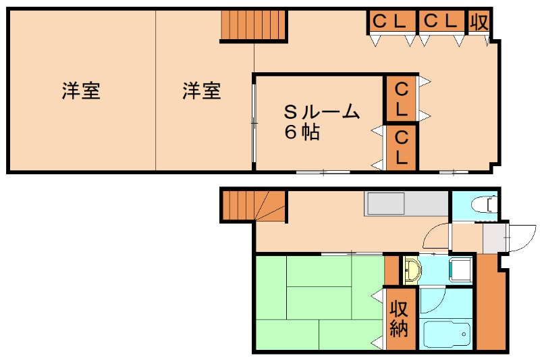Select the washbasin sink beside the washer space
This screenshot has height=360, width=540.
[412, 269]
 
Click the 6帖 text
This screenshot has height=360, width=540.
[301, 133]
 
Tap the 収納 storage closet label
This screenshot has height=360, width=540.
[400, 319]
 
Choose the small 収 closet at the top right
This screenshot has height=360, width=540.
[479, 22]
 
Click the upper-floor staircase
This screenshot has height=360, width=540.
[254, 26]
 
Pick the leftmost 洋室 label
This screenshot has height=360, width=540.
[82, 91]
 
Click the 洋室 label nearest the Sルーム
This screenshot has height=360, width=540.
[202, 91]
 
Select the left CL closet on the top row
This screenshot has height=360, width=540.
[390, 22]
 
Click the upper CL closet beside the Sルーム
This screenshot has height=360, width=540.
[401, 99]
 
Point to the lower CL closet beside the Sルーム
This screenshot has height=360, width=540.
[401, 147]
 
